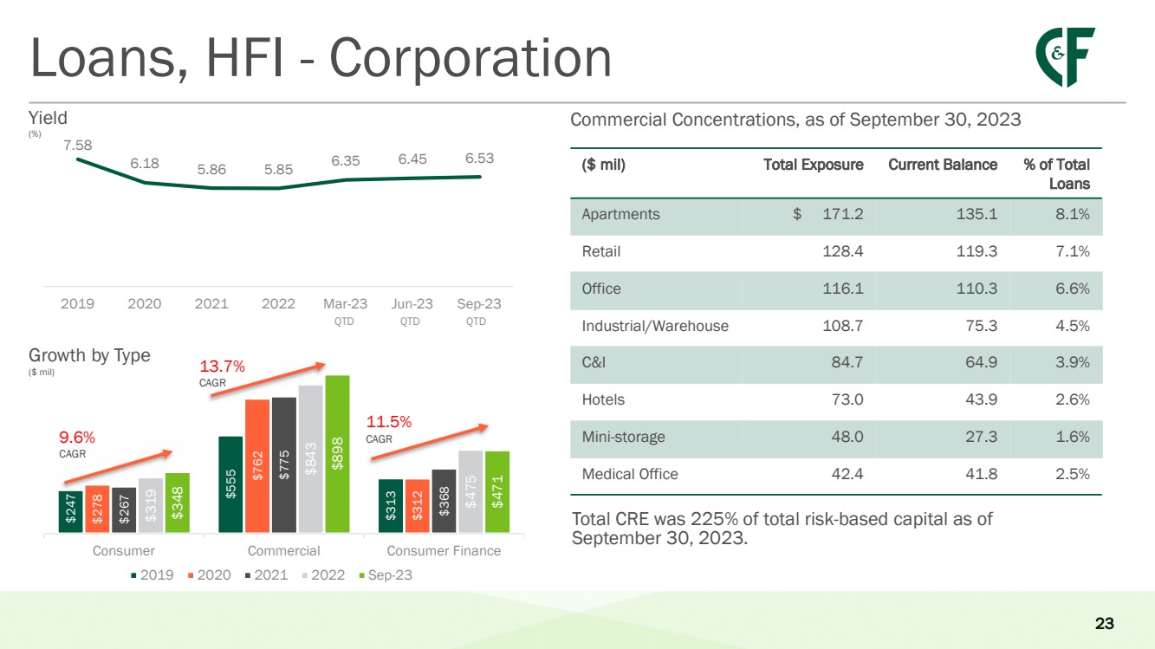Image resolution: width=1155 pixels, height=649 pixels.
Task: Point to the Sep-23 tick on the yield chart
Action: tap(478, 304)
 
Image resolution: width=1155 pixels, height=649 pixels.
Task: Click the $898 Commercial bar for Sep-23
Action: tap(337, 453)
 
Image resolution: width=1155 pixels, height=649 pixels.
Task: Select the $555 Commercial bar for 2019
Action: tap(230, 484)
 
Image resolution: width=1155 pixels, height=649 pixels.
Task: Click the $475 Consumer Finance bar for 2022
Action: tap(470, 490)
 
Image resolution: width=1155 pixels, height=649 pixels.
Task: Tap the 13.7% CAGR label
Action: tap(223, 367)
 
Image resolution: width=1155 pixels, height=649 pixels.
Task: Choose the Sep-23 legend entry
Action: tap(385, 575)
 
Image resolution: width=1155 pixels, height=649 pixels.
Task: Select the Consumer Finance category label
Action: tap(444, 551)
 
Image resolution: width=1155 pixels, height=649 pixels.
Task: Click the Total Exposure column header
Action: tap(813, 165)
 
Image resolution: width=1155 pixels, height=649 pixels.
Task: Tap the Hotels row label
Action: tap(603, 399)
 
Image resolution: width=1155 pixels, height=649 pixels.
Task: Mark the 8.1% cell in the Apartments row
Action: tap(1072, 214)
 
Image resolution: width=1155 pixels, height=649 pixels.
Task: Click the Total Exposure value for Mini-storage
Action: tap(846, 437)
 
